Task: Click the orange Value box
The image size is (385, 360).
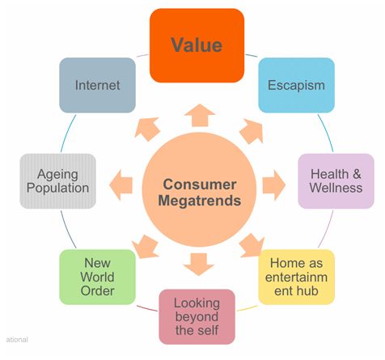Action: (197, 45)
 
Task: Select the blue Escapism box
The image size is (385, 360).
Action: (296, 85)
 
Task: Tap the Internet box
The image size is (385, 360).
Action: (97, 85)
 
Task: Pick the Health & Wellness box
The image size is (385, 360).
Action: (336, 181)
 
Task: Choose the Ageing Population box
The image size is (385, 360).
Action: (57, 181)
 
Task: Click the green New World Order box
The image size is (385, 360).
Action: (97, 277)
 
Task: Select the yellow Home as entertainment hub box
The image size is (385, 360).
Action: (296, 277)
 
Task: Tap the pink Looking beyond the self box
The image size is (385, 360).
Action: (197, 317)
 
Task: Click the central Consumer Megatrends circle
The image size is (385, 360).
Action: (199, 189)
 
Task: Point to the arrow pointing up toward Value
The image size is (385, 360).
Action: (200, 116)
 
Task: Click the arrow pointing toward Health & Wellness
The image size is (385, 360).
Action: (274, 185)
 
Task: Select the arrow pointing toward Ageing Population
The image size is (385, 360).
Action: (121, 185)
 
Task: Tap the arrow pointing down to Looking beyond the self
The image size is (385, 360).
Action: (199, 265)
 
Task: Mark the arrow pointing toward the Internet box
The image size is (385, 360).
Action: (147, 129)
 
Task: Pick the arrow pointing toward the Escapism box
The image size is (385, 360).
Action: (252, 131)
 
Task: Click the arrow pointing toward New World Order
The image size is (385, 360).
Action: (145, 247)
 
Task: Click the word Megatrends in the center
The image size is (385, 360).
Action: (200, 201)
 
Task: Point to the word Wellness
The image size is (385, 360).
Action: (336, 188)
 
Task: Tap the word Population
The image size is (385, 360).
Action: (57, 188)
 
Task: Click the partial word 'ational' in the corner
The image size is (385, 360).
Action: (17, 340)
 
